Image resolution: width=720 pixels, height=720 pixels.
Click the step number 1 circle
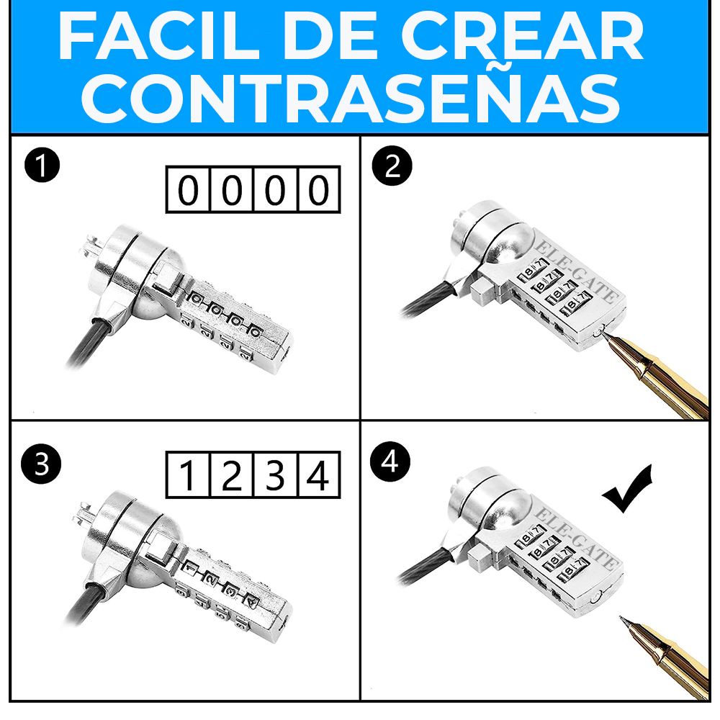click(42, 167)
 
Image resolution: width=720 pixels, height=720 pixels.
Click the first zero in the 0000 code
click(187, 191)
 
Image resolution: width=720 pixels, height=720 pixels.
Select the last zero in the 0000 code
click(318, 191)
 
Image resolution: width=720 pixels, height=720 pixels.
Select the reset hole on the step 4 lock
click(595, 597)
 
